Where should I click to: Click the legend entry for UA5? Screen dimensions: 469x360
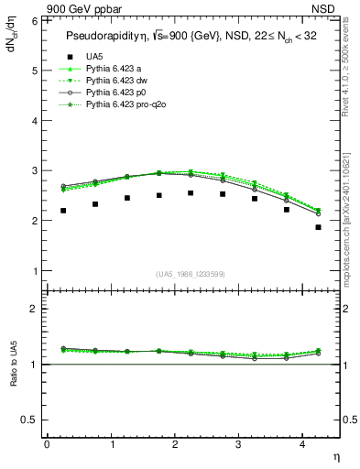94,56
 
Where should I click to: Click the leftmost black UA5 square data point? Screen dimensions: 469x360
63,211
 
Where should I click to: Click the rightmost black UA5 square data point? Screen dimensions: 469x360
318,227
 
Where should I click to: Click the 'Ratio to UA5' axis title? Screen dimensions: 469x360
12,377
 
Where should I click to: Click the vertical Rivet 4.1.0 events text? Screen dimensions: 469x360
349,64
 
